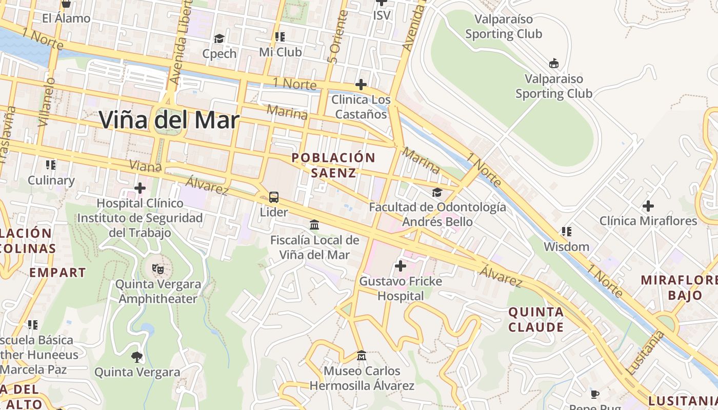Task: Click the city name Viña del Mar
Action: [x=169, y=120]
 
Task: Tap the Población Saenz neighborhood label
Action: [x=333, y=165]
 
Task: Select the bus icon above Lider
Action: [x=274, y=197]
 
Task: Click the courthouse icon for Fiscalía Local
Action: [x=314, y=225]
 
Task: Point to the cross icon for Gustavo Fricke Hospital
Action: [x=401, y=266]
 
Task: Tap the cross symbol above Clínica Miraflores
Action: [x=648, y=206]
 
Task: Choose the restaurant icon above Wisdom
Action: [x=567, y=232]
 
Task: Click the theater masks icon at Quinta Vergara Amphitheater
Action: [x=158, y=269]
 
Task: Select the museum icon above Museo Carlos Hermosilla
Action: [x=362, y=355]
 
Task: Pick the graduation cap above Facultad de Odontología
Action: [x=437, y=192]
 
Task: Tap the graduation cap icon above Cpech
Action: [x=219, y=39]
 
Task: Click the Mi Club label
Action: [x=280, y=52]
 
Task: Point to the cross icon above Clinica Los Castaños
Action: [x=361, y=85]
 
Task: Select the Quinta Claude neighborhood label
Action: [x=536, y=319]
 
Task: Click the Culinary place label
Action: [x=51, y=180]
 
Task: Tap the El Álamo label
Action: [x=66, y=18]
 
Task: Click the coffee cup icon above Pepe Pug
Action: [x=595, y=394]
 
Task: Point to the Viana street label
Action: [x=145, y=166]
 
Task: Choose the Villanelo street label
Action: [x=47, y=101]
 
